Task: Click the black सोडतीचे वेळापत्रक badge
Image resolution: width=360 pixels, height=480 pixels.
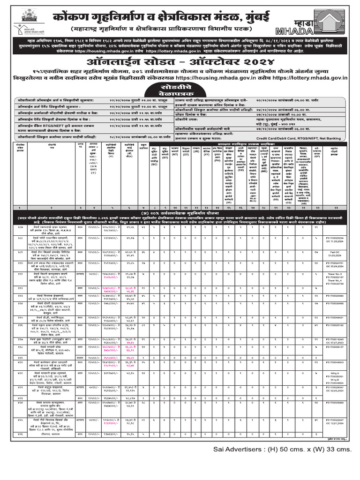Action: coord(180,90)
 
